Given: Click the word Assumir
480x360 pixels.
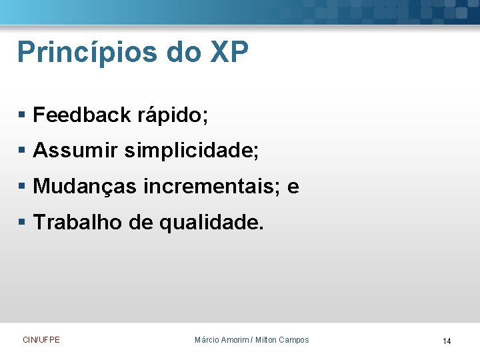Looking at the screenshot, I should click(x=75, y=151).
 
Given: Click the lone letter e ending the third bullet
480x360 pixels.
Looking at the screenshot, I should click(x=293, y=188).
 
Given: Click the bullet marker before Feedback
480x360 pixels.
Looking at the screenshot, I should click(x=22, y=116).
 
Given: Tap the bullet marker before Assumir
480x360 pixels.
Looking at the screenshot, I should click(x=22, y=152).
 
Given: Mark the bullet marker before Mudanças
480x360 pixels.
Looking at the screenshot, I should click(x=22, y=188).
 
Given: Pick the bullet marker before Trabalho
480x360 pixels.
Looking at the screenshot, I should click(x=22, y=223).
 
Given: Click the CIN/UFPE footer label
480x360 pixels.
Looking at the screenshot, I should click(x=41, y=340).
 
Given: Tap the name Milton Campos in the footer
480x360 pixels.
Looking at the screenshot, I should click(x=283, y=340).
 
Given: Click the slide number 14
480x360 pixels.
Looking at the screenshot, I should click(x=447, y=341).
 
